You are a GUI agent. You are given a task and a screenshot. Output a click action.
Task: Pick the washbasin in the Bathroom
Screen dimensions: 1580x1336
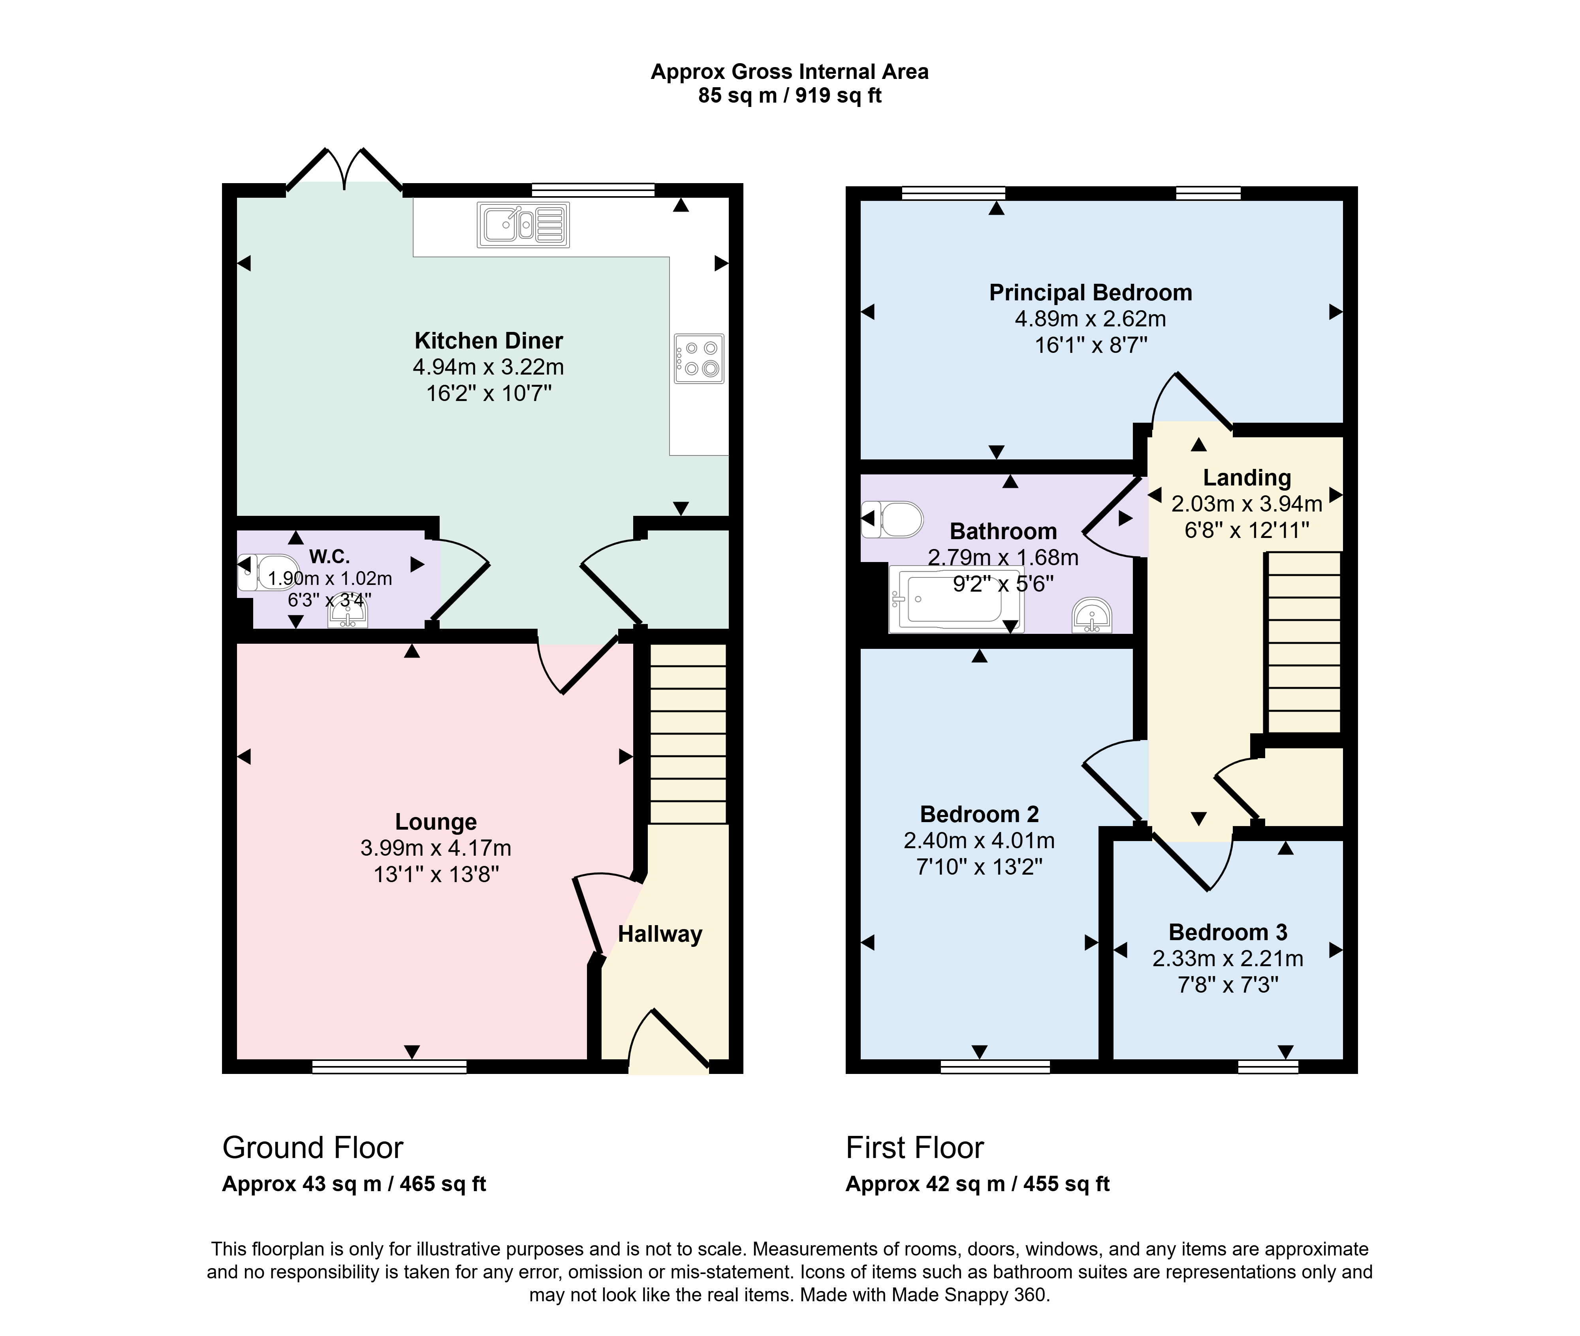(1092, 616)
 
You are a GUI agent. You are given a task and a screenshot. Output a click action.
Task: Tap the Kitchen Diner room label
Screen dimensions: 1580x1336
(489, 341)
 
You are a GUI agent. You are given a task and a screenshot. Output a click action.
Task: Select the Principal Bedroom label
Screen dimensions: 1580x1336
(1091, 292)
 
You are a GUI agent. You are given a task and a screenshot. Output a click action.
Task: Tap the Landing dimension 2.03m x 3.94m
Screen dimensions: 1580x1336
(1247, 504)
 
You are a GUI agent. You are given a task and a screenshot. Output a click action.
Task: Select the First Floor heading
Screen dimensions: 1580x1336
(915, 1148)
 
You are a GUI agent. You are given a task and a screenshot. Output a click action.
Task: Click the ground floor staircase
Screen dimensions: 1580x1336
(688, 733)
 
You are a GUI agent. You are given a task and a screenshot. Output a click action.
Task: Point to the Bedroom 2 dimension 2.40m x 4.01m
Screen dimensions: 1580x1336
(979, 841)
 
